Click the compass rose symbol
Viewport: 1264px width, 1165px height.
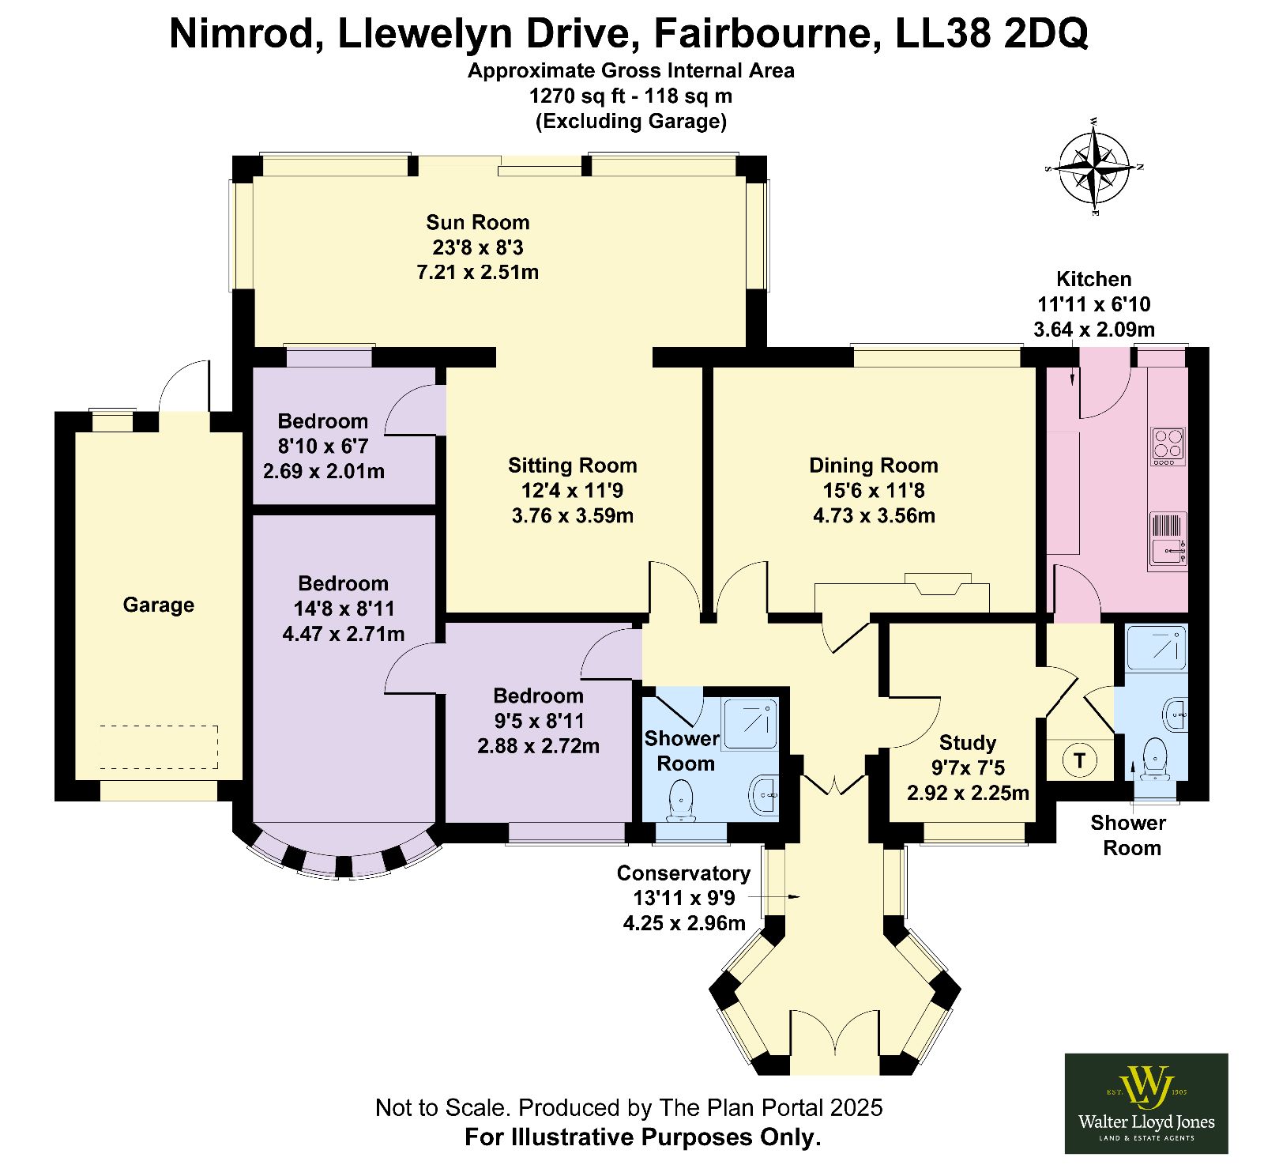tap(1095, 168)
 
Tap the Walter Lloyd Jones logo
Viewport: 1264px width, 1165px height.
tap(1146, 1103)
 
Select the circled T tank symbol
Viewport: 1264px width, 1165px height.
tap(1079, 761)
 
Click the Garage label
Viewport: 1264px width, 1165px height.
tap(158, 605)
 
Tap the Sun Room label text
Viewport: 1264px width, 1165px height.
tap(478, 222)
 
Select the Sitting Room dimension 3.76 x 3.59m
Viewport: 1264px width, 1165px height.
tap(573, 516)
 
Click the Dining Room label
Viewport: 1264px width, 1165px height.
tap(874, 466)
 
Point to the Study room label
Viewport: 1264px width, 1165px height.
tap(968, 743)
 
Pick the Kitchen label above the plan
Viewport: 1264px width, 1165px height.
tap(1094, 279)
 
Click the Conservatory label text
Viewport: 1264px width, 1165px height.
tap(683, 873)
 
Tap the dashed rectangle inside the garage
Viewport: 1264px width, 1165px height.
tap(158, 746)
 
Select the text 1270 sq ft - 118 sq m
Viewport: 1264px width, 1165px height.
tap(630, 96)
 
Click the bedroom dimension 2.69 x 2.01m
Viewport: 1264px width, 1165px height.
tap(324, 472)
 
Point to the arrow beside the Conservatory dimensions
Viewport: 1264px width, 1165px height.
tap(774, 897)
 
